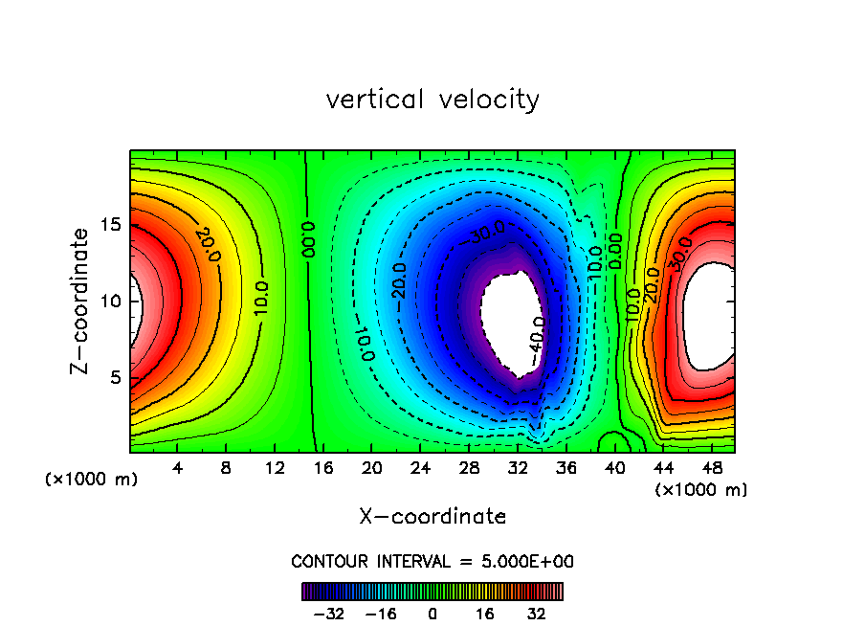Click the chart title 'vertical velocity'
(x=432, y=100)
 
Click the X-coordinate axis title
(x=432, y=517)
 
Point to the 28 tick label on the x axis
(x=469, y=469)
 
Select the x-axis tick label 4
(x=178, y=469)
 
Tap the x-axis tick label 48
(x=711, y=469)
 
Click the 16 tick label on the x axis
(x=323, y=469)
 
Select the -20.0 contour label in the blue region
(x=399, y=280)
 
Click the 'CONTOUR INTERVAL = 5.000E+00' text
(x=432, y=561)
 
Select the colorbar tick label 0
(x=432, y=613)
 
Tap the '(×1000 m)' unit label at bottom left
(x=92, y=480)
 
